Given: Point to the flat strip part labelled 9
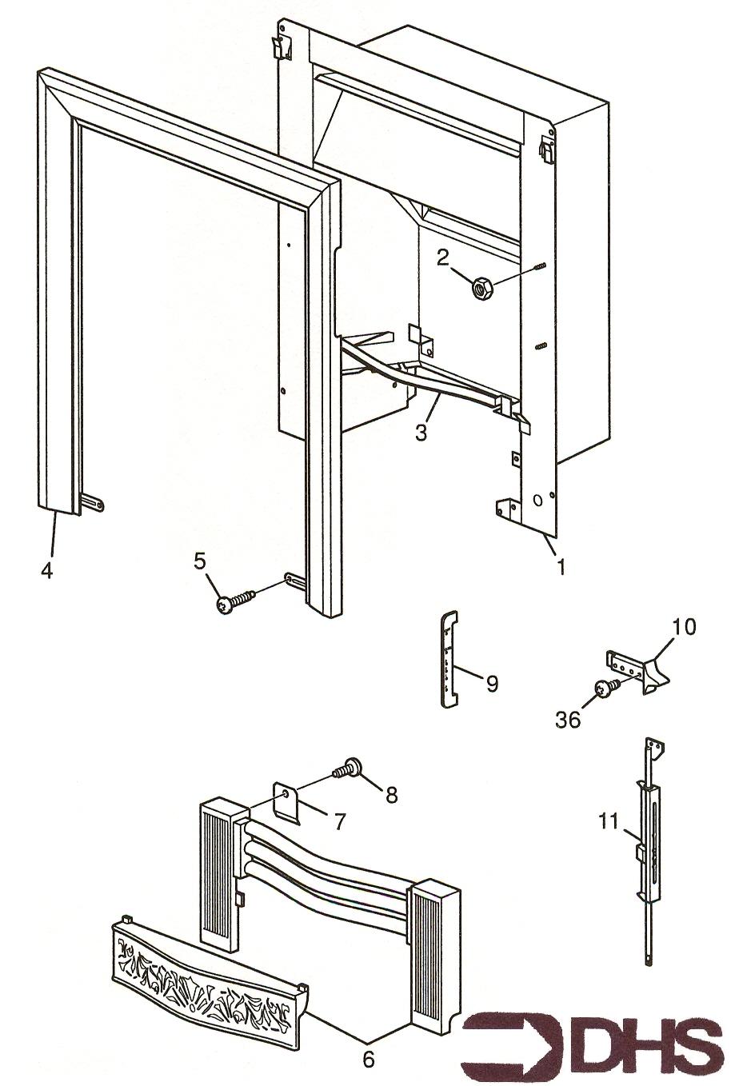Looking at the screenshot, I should click(450, 657).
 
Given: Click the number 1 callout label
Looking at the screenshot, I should click(561, 567).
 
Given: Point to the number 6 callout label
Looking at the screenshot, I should click(368, 1060).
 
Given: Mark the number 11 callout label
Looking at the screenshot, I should click(610, 820).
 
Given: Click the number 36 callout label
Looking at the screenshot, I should click(568, 720).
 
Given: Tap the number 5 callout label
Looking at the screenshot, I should click(199, 561).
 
